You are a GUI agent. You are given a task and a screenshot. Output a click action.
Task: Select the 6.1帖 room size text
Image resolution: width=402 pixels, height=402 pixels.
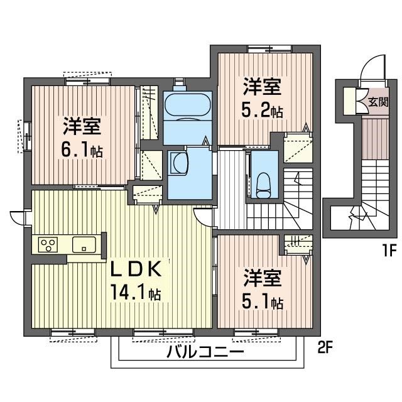point(83,151)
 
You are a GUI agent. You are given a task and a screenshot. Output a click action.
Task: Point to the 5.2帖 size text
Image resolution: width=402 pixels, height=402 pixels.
point(262,111)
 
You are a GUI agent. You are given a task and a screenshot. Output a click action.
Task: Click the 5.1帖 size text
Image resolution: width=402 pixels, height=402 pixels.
point(262,302)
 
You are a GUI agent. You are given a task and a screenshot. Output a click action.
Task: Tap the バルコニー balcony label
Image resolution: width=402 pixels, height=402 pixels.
point(205,352)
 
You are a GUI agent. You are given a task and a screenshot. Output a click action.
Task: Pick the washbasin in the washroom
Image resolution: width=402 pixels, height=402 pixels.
point(178,165)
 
